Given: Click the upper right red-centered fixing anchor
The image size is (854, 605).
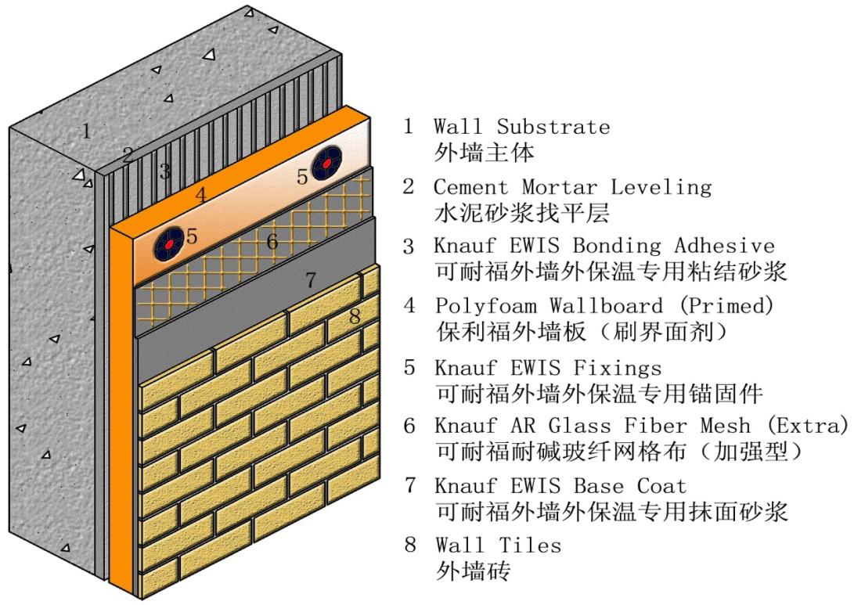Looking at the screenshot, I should (x=326, y=164).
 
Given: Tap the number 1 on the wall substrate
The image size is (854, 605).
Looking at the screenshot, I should (x=86, y=131).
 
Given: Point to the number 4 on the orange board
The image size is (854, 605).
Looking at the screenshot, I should (x=200, y=195).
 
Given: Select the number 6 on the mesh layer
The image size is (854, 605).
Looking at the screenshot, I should (x=272, y=243).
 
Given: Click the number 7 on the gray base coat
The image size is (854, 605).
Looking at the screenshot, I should (x=310, y=279).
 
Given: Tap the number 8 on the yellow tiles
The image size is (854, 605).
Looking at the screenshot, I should (x=354, y=317).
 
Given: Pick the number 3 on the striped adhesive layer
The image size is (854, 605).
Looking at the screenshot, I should (x=164, y=171).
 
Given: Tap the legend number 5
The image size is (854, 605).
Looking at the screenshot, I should (x=409, y=367).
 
